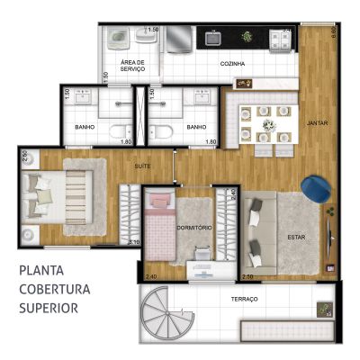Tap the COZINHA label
click(233, 65)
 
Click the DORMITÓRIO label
click(194, 228)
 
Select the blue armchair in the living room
click(317, 189)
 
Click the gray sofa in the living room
click(259, 232)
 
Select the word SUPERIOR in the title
click(48, 307)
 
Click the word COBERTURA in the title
click(53, 289)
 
